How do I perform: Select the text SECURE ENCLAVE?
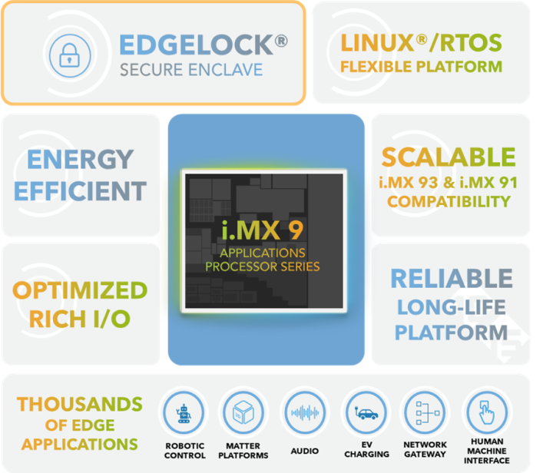coord(191,71)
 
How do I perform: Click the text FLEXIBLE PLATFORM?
coord(421,67)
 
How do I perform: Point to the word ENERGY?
coord(81,159)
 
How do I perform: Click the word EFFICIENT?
coord(81,190)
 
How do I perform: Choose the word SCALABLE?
coord(449,157)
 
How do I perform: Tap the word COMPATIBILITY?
coord(449,202)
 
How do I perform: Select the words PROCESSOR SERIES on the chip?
coord(262,266)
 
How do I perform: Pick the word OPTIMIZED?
coord(80,291)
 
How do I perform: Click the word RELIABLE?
coord(451,279)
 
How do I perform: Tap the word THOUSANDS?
coord(80,404)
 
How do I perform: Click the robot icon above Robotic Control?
coord(185,412)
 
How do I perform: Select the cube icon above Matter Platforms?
coord(243,412)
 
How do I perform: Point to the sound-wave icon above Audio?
coord(305,412)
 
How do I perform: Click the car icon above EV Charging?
coord(366,412)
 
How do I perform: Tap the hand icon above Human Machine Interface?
coord(486,412)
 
